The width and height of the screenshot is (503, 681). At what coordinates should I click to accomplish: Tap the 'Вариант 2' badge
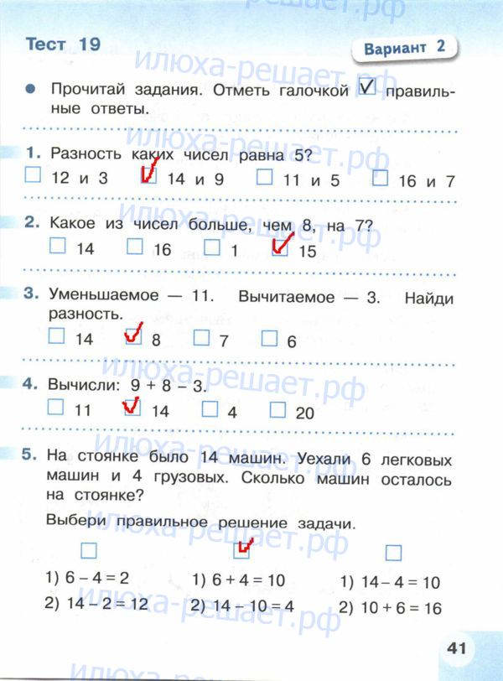404,49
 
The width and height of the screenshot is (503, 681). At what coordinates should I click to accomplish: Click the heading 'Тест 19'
63,44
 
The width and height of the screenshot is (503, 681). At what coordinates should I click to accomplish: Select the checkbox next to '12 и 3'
33,177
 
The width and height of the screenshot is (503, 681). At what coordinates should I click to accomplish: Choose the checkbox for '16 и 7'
380,178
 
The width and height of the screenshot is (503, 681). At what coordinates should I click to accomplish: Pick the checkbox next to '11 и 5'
264,177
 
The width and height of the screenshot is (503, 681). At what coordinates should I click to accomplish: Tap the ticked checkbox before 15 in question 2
281,247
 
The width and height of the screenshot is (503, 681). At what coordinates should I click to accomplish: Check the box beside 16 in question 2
135,247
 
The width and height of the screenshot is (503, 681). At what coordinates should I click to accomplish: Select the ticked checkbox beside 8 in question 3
132,337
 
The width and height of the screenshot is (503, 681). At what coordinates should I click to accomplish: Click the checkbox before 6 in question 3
269,338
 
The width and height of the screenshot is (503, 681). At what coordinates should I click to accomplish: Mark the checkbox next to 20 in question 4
278,409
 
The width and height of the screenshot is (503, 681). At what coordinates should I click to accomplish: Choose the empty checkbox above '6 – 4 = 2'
89,551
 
